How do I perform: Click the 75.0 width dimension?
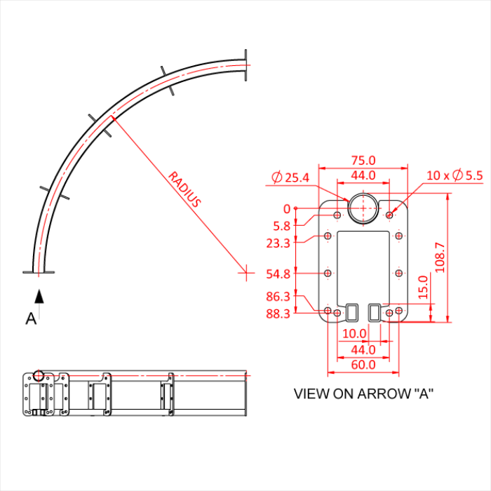coord(363,160)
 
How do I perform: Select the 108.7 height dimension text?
coord(440,258)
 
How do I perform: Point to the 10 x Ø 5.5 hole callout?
coord(455,175)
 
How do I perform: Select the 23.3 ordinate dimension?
coord(278,243)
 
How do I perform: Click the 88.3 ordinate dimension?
coord(278,314)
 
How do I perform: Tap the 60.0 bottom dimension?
coord(363,364)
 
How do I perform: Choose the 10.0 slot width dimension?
coord(354,333)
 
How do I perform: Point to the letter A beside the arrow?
coord(30,319)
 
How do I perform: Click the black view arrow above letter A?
coord(40,296)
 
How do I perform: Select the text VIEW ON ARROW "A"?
coord(363,394)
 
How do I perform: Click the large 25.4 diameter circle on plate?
coord(363,208)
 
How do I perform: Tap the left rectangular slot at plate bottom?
coord(351,310)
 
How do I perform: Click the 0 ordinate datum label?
coord(286,208)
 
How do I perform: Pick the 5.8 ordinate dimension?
coord(281,226)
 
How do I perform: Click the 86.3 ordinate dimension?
coord(278,297)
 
